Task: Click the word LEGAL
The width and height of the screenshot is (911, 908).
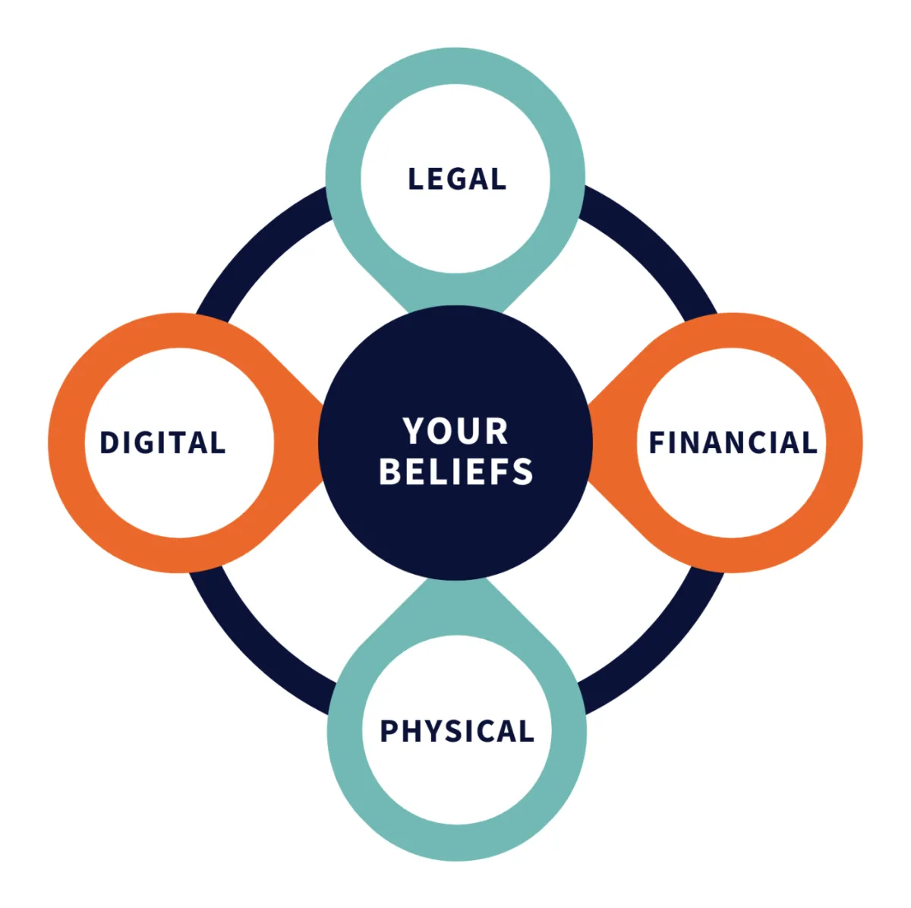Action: [456, 179]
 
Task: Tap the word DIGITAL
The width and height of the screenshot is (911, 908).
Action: [162, 443]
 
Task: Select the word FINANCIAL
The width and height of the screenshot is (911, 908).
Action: [733, 443]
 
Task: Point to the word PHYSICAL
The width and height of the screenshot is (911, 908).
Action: [457, 731]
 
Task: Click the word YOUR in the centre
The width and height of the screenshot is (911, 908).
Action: [455, 431]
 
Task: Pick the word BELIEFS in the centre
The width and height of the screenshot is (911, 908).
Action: [455, 471]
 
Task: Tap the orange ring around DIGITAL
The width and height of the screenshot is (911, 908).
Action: [66, 443]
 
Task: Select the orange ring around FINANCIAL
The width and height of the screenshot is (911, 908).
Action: [844, 443]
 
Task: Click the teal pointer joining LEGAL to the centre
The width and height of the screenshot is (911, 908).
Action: [455, 292]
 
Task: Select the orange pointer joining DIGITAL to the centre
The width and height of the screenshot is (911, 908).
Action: [300, 443]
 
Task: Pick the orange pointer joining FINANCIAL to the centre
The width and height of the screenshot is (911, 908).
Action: [611, 443]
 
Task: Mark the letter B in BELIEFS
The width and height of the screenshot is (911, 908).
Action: [390, 471]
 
